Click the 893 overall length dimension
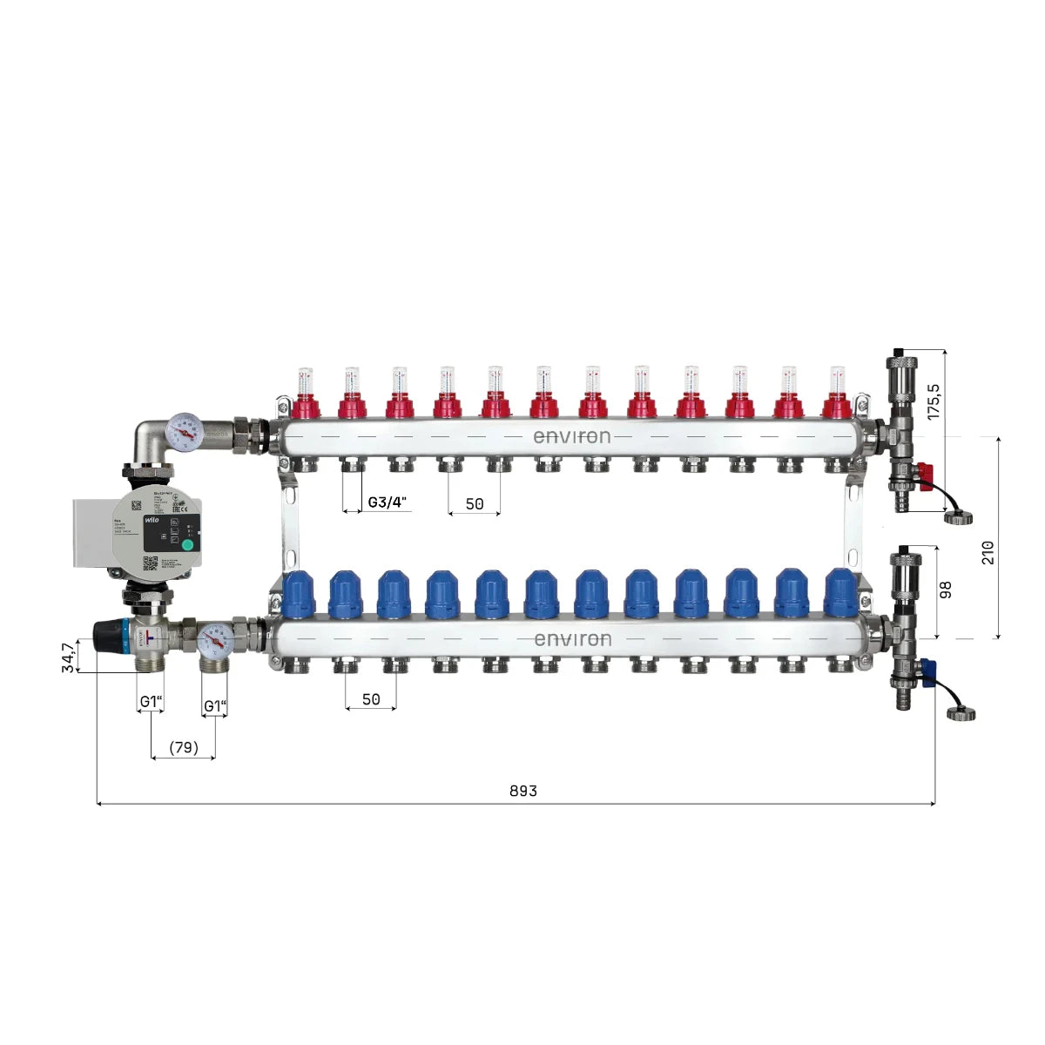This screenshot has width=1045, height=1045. point(523,791)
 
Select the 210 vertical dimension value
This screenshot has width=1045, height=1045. point(988,552)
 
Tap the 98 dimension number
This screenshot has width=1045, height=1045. point(947,590)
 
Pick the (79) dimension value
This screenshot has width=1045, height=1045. point(184,747)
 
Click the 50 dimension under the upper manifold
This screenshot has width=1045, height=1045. point(475,503)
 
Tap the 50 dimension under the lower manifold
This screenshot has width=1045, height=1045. point(371,699)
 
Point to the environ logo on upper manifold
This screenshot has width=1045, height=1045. point(572,436)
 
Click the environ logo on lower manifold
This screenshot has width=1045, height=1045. point(572,639)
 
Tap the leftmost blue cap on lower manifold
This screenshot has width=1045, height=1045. point(297,592)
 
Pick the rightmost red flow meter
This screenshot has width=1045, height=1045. point(837,394)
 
